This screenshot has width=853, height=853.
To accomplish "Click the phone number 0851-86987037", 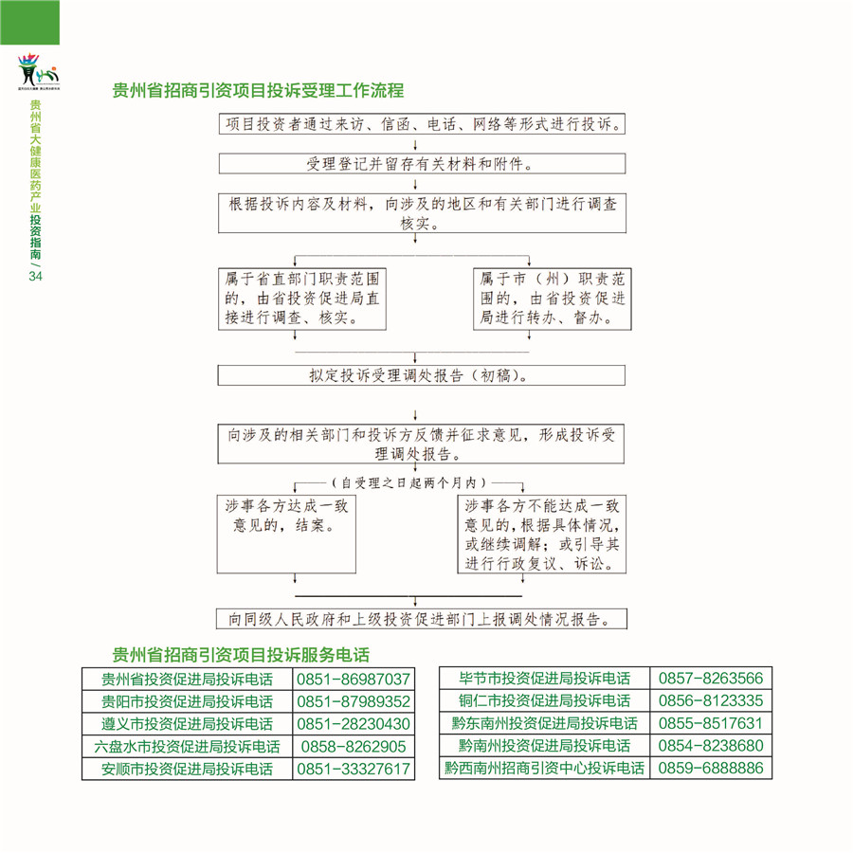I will click(354, 680).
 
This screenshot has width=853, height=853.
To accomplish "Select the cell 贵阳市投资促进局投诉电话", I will click(188, 702).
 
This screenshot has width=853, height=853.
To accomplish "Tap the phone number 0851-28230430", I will click(354, 724).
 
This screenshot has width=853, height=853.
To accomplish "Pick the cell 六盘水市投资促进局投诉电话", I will click(188, 747).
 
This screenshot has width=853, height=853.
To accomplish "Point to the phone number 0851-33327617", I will click(354, 769).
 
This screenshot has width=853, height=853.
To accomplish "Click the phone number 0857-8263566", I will click(710, 679).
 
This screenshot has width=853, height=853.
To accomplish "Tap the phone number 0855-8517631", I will click(710, 723).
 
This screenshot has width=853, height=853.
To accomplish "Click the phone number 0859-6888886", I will click(710, 768).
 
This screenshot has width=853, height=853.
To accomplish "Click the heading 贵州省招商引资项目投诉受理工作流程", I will click(258, 91).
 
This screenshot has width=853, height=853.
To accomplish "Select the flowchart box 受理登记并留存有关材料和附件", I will click(421, 164).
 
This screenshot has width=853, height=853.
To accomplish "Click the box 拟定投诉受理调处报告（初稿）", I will click(421, 375).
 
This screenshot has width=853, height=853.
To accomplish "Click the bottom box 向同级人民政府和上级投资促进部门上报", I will click(423, 620).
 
